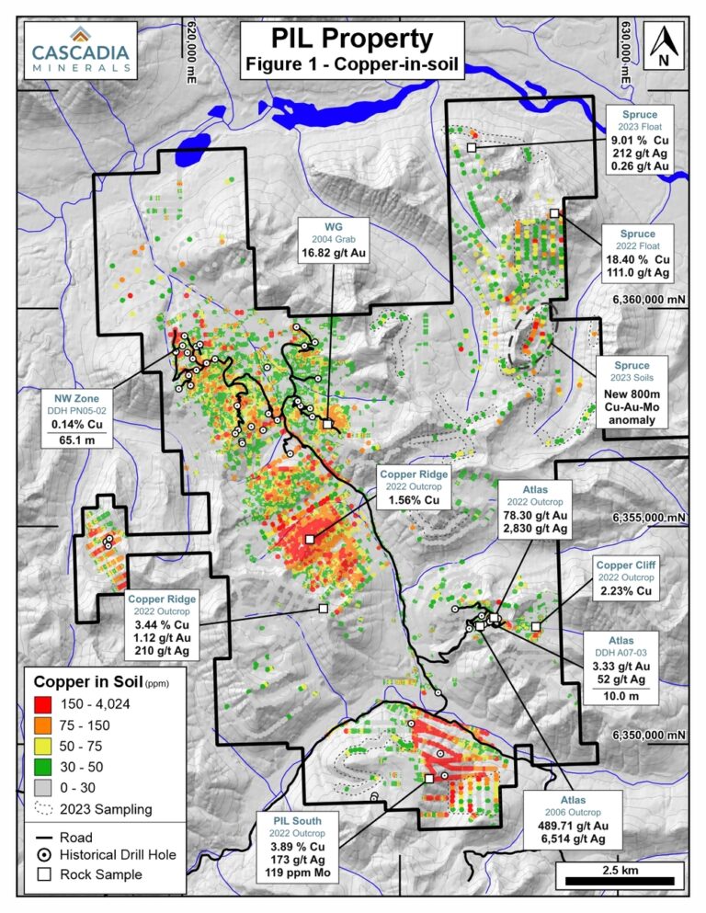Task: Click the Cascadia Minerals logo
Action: pos(79,50)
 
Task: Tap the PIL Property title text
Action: pos(351,39)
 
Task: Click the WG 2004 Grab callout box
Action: pos(332,240)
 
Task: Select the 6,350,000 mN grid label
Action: pos(650,736)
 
